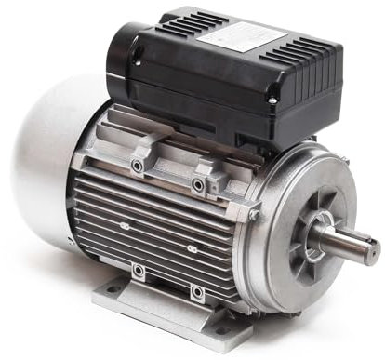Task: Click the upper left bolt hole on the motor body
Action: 137,166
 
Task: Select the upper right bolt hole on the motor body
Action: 198,185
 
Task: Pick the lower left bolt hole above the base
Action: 138,271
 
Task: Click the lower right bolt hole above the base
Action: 195,293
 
